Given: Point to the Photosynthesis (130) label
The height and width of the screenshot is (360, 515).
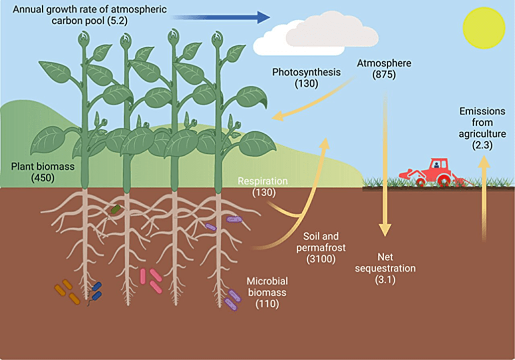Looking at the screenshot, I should (306, 77).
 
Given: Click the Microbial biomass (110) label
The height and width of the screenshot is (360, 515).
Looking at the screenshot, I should (267, 292).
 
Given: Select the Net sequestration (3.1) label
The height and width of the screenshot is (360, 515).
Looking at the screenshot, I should (385, 274).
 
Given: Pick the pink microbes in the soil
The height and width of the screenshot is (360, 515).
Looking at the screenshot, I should (150, 280).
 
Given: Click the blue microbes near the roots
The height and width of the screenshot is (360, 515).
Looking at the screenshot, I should (96, 291).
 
